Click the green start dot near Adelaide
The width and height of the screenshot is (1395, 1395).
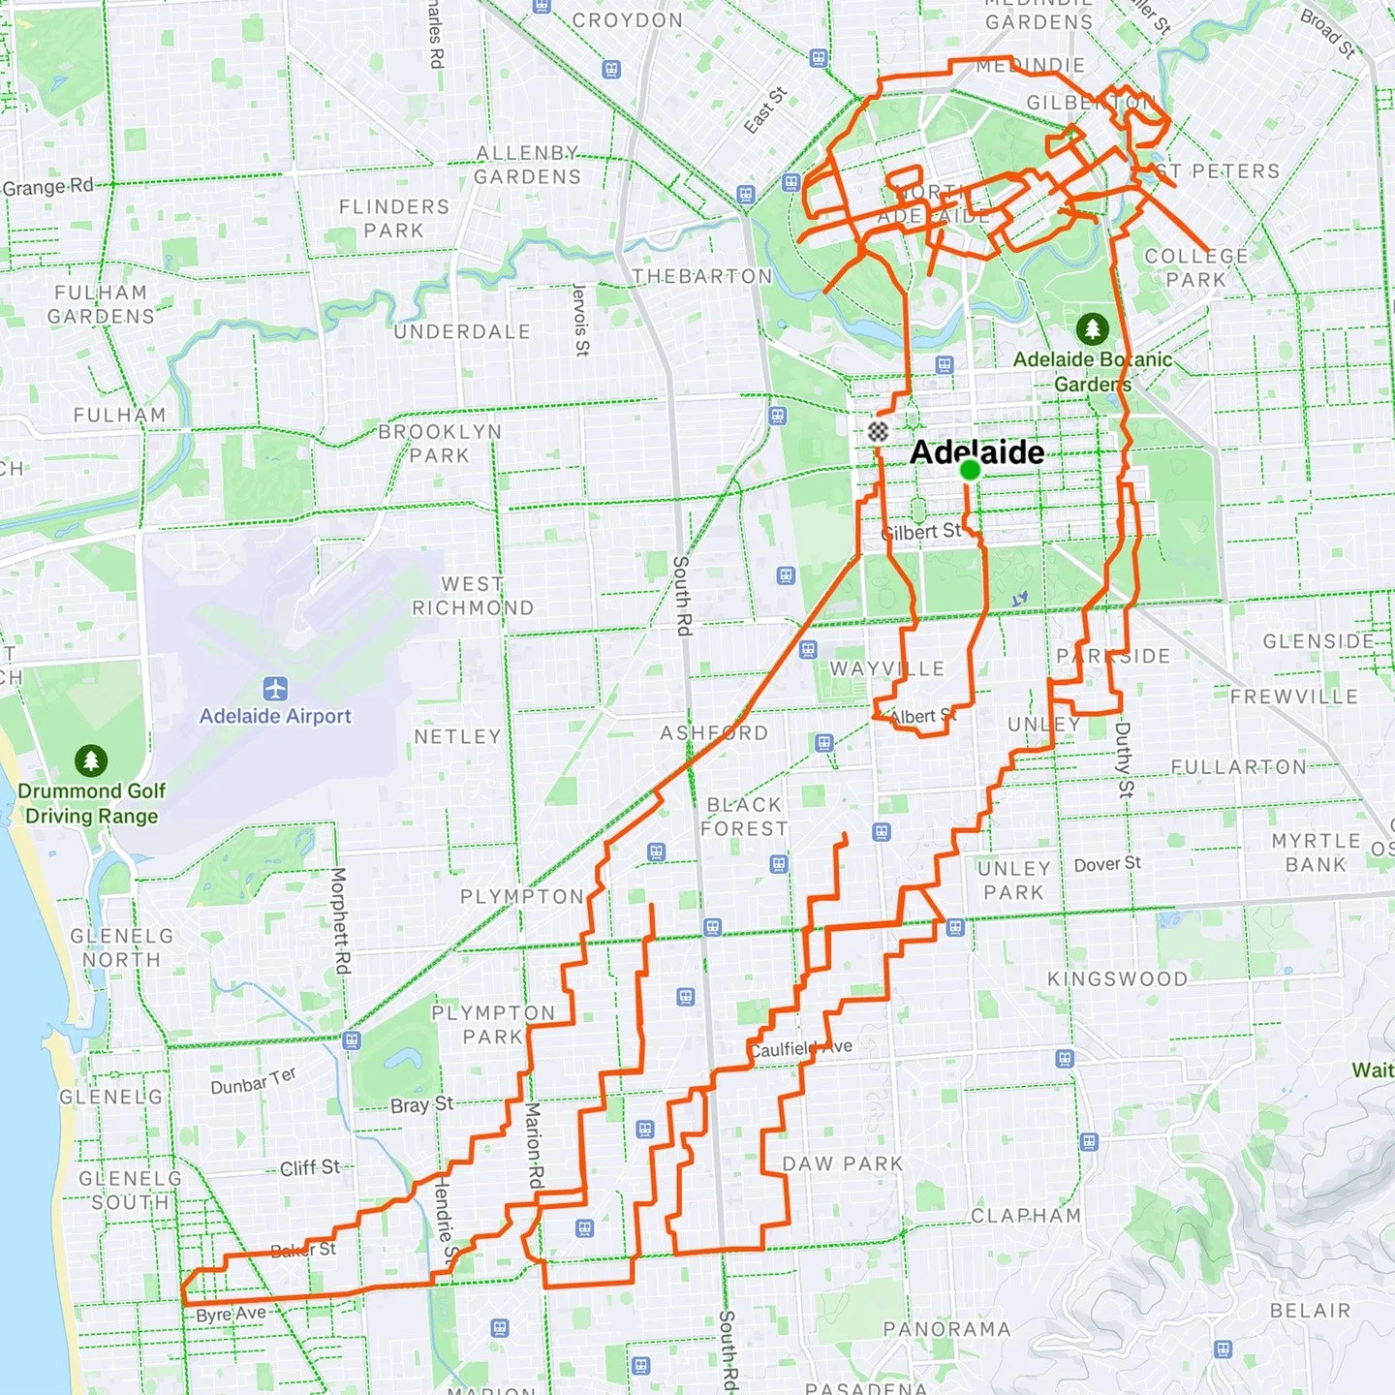pyautogui.click(x=970, y=470)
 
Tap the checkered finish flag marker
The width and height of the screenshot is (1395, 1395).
pyautogui.click(x=878, y=431)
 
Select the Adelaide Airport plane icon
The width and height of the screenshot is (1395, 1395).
pyautogui.click(x=276, y=690)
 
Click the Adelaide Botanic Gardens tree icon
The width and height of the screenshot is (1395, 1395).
pyautogui.click(x=1092, y=328)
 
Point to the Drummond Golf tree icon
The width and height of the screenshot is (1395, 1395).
pyautogui.click(x=91, y=760)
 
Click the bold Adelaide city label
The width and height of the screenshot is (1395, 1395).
pyautogui.click(x=976, y=452)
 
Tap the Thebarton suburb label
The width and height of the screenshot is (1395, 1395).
pyautogui.click(x=702, y=276)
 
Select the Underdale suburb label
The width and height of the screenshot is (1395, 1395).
pyautogui.click(x=462, y=331)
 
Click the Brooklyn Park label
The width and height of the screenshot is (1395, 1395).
pyautogui.click(x=440, y=443)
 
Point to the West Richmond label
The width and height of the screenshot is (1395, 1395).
pyautogui.click(x=473, y=596)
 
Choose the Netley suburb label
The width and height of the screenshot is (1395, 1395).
pyautogui.click(x=457, y=736)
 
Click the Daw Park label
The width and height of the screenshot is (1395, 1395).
pyautogui.click(x=842, y=1163)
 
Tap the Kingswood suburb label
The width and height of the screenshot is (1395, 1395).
pyautogui.click(x=1117, y=978)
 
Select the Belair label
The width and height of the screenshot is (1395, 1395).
pyautogui.click(x=1310, y=1310)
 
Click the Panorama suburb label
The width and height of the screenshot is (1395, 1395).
pyautogui.click(x=946, y=1329)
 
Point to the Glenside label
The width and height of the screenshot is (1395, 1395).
pyautogui.click(x=1318, y=640)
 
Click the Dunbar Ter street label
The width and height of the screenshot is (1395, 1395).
pyautogui.click(x=253, y=1081)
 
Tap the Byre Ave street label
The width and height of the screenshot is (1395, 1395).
pyautogui.click(x=231, y=1315)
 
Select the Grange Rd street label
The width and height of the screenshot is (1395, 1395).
pyautogui.click(x=48, y=187)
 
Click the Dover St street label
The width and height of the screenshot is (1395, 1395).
pyautogui.click(x=1107, y=863)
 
